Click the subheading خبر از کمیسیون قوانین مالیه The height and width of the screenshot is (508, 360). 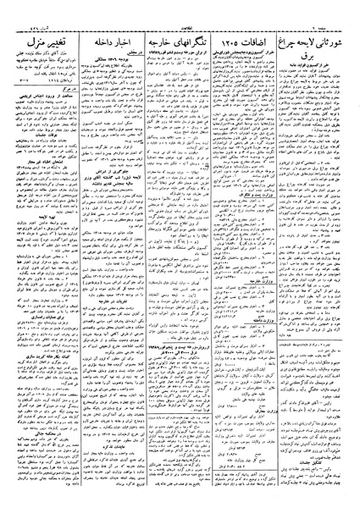317,74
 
